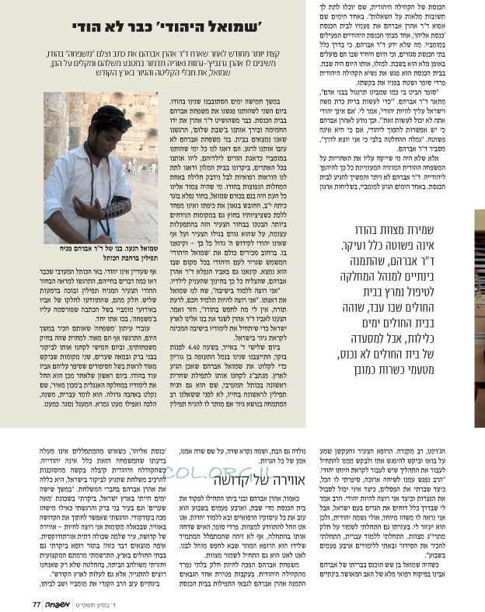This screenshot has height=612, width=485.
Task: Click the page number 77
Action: tap(36, 602)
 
